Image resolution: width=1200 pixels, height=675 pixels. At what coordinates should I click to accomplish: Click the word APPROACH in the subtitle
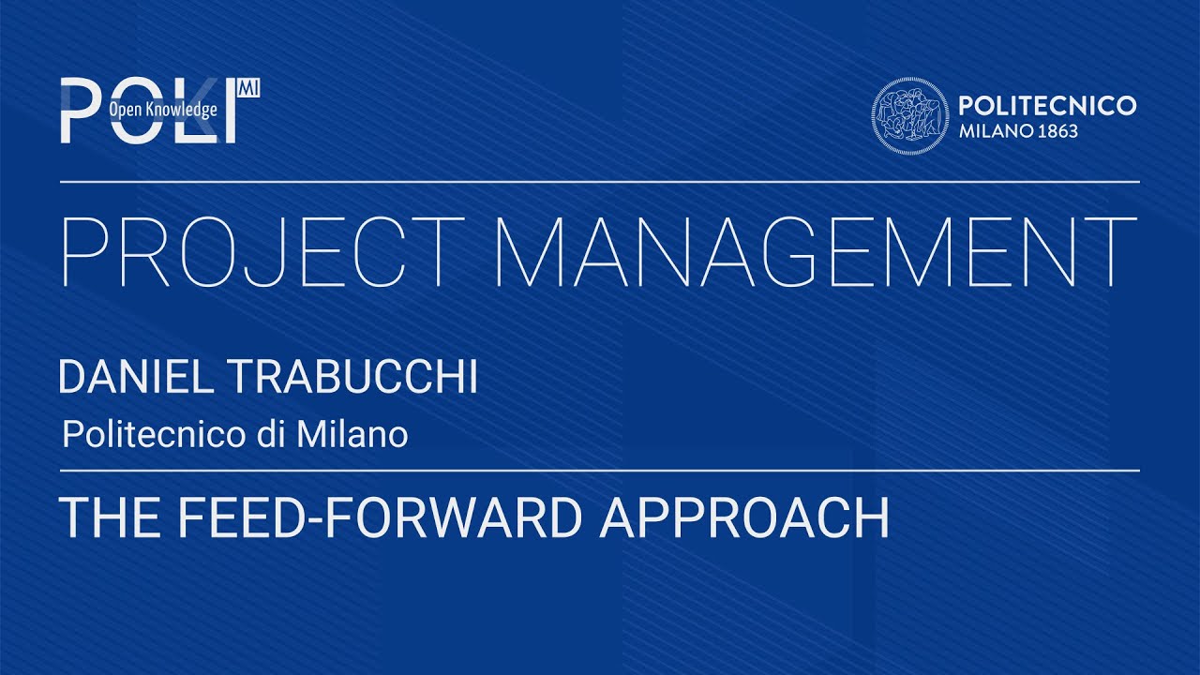(x=744, y=517)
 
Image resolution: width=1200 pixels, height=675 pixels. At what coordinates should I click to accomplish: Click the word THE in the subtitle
(x=96, y=517)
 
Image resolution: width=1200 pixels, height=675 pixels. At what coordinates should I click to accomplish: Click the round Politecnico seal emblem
(x=906, y=115)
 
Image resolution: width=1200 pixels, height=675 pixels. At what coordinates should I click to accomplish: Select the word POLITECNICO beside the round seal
(x=1047, y=106)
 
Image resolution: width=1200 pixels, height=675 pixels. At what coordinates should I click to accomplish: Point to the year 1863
(x=1057, y=131)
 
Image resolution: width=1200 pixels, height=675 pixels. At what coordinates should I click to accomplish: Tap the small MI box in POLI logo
(x=249, y=87)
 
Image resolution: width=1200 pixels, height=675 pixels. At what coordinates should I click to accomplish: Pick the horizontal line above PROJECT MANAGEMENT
(x=600, y=182)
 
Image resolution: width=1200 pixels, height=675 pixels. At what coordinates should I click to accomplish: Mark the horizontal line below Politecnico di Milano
(x=600, y=470)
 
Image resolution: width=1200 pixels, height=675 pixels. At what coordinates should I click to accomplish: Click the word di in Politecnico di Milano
(x=275, y=435)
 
